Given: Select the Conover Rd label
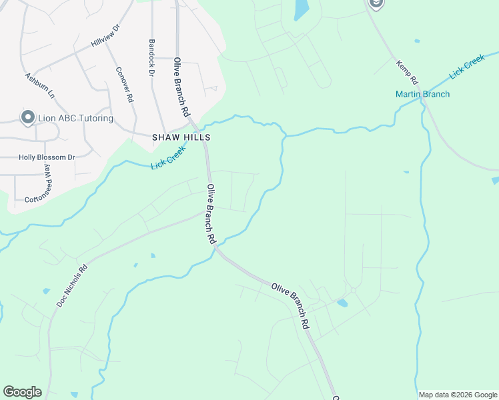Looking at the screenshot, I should (125, 85).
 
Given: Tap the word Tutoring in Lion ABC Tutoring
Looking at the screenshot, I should (91, 119).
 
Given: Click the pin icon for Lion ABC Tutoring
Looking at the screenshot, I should (28, 118).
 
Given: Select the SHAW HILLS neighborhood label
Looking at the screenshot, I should (182, 137).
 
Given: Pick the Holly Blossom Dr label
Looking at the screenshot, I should (47, 157).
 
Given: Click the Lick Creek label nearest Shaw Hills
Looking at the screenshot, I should (167, 157).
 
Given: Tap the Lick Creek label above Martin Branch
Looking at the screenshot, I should (466, 68).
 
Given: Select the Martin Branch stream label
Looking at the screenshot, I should (422, 94).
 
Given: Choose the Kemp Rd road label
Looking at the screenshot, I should (407, 71).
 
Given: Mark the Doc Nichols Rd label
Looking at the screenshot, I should (72, 287).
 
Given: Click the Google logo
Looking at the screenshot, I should (22, 392).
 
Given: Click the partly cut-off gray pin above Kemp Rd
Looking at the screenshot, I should (376, 4).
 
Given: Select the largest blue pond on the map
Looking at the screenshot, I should (302, 9).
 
